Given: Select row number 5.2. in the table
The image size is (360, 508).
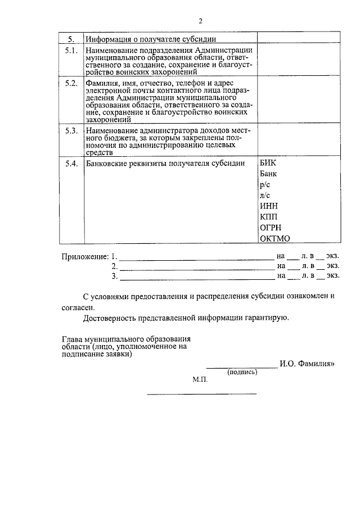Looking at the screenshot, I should coord(70,84).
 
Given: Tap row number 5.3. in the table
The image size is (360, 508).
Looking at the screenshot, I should coord(70,130).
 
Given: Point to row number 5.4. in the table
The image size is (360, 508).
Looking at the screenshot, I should coord(70,163).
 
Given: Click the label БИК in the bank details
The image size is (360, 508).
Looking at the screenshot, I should coord(268,163).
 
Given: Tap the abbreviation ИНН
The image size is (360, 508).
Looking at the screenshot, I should coord(269,206).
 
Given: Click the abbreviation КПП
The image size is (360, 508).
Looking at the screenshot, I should coord(269,217).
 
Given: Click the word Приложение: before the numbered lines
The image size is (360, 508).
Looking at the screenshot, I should coord(84,256).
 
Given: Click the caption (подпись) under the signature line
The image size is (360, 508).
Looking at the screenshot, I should coord(242,372).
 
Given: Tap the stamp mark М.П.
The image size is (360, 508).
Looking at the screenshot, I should coord(200,380).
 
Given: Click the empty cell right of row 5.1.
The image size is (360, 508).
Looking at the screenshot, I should coord(298,61).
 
